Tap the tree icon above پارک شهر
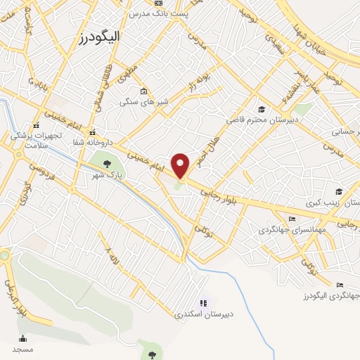[107, 163]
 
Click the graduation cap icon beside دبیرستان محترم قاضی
[262, 110]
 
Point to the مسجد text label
[22, 349]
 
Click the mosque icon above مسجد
[22, 338]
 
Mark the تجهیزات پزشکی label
[36, 134]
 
